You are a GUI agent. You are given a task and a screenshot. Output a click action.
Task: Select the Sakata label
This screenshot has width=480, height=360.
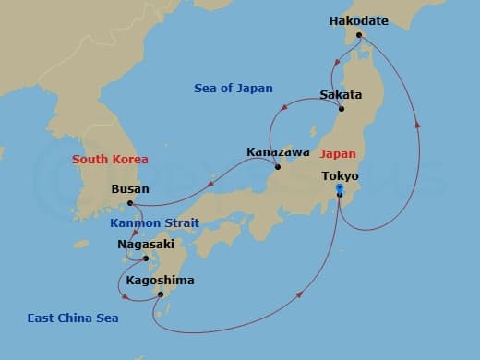click(x=340, y=95)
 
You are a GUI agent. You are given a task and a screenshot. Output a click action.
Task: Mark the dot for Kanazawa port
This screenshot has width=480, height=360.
click(x=279, y=167)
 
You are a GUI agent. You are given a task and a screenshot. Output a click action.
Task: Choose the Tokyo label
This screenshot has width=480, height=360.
click(x=340, y=175)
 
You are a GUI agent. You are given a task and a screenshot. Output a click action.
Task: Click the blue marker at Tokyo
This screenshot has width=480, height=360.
click(x=340, y=189)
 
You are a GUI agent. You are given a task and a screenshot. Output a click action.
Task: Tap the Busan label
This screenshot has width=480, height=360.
click(x=129, y=187)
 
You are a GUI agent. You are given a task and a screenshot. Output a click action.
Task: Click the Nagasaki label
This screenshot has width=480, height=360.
click(x=144, y=245)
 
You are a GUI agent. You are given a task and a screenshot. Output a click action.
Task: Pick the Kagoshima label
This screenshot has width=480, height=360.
click(x=160, y=280)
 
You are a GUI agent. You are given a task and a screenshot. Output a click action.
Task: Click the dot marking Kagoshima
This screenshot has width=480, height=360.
click(x=161, y=294)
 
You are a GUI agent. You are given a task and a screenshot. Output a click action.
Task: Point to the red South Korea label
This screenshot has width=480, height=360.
click(x=110, y=159)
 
